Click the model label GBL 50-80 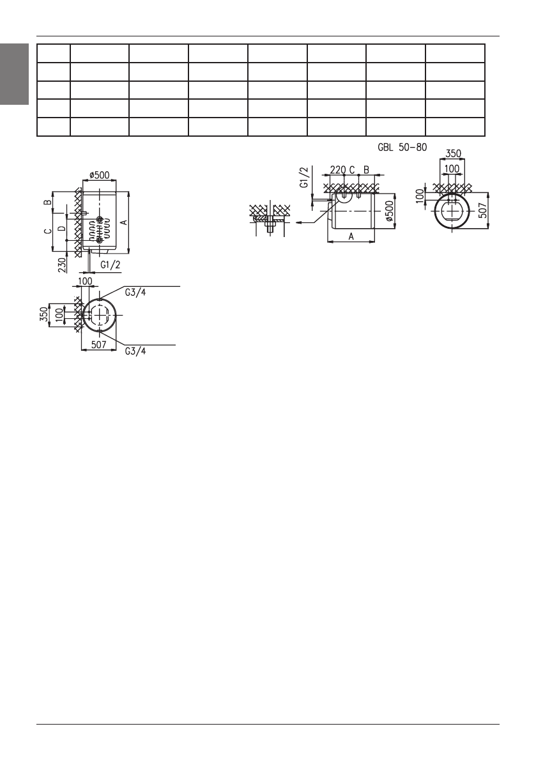click(402, 146)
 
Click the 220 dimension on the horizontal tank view click(337, 170)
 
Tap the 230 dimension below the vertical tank click(62, 265)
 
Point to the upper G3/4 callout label click(135, 293)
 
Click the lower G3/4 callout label click(135, 351)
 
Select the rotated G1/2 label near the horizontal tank click(303, 177)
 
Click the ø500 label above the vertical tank click(100, 176)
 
